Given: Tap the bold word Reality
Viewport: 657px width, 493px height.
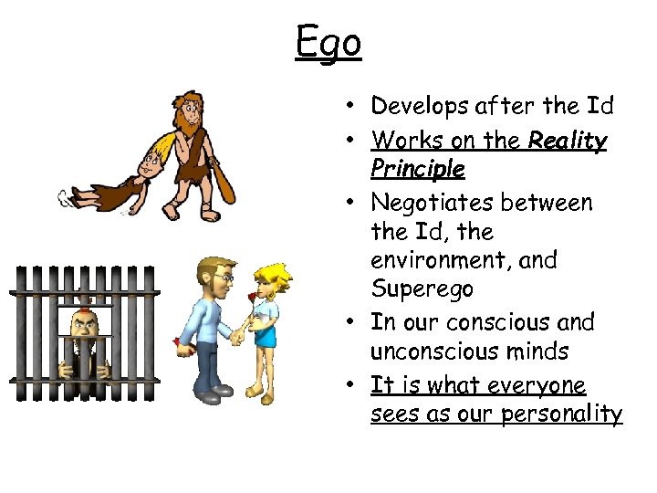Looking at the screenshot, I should coord(568,141).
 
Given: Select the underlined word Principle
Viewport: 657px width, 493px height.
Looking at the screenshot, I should coord(418,170).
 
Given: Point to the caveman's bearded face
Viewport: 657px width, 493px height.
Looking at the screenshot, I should coord(193,114).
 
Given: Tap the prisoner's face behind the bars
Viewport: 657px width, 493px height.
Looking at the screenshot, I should coord(81,323).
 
